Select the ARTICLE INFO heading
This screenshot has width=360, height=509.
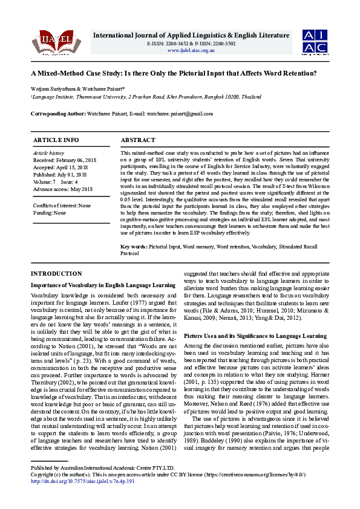pyautogui.click(x=56, y=140)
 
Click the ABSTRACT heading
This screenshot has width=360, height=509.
pyautogui.click(x=138, y=140)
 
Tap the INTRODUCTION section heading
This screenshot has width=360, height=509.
pyautogui.click(x=56, y=274)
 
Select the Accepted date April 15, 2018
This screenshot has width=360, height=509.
pyautogui.click(x=61, y=167)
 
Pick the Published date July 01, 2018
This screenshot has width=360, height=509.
pyautogui.click(x=60, y=175)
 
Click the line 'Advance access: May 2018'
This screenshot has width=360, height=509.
pyautogui.click(x=62, y=189)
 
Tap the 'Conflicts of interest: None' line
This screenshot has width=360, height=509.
pyautogui.click(x=62, y=206)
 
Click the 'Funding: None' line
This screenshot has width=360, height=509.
pyautogui.click(x=50, y=213)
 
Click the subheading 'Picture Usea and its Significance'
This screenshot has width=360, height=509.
pyautogui.click(x=255, y=335)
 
